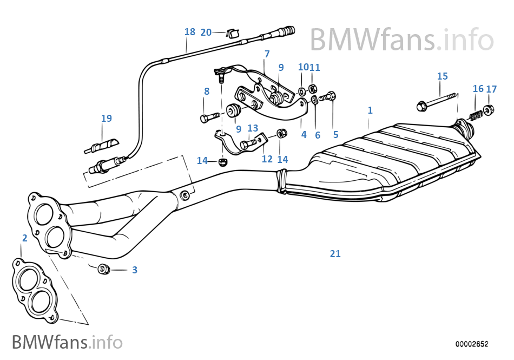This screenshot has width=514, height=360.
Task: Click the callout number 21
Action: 335,253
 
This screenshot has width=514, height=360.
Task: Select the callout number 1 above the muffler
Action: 370,110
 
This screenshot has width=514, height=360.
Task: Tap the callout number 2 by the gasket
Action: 24,238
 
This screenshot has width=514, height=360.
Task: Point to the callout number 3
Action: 135,270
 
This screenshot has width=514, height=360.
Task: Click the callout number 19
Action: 107,119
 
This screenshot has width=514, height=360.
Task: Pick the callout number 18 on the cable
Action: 189,32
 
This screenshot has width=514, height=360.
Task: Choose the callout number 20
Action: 206,32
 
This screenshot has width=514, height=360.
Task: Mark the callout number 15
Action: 443,76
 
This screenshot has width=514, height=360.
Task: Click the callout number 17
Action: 491,89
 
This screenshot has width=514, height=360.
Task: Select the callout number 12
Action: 267,159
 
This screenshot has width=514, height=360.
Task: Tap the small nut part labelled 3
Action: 103,269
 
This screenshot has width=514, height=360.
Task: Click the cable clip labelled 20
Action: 234,32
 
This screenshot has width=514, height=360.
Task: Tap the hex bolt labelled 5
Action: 328,97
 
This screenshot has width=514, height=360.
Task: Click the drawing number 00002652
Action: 472,344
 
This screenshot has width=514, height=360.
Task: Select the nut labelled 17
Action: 488,111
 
